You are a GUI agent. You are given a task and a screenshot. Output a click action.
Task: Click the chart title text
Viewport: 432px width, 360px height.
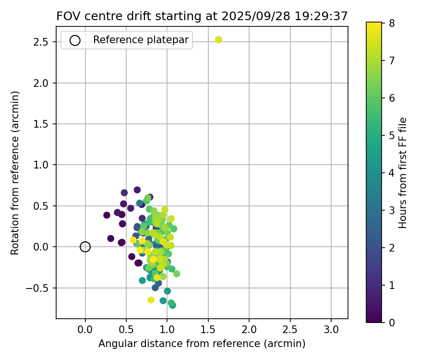(x=202, y=16)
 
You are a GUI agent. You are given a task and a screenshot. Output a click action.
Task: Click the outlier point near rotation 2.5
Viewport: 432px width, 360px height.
(x=218, y=40)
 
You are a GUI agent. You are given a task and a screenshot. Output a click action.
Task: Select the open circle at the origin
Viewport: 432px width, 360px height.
(x=85, y=247)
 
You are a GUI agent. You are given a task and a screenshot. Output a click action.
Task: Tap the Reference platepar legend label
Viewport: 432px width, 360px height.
(x=141, y=40)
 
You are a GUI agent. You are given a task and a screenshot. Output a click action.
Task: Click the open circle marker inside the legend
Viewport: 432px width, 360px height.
(x=75, y=40)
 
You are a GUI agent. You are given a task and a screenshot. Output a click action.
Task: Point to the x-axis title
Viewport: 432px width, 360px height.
(x=202, y=344)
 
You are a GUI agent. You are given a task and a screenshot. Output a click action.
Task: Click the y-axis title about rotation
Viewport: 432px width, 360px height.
(x=15, y=173)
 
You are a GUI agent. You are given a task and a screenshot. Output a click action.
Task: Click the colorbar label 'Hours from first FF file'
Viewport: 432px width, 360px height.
(x=403, y=173)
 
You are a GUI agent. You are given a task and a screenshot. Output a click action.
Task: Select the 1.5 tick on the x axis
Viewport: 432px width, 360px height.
(x=208, y=331)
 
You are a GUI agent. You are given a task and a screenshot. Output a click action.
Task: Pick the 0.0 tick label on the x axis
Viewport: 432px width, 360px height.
(x=85, y=331)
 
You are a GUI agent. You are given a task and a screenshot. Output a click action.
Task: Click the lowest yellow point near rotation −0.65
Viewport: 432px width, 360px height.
(x=151, y=300)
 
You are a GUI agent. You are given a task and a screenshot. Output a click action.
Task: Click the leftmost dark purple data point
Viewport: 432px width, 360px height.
(x=107, y=215)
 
